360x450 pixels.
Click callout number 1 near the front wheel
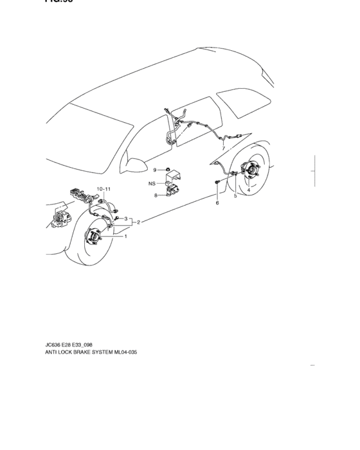[x=125, y=236]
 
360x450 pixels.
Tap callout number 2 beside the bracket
[x=139, y=222]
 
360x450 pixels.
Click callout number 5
[x=235, y=195]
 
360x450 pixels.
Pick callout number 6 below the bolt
[x=217, y=203]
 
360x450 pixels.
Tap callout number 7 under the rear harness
[x=223, y=148]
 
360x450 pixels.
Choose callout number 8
[x=155, y=195]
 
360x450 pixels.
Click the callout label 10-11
[x=104, y=189]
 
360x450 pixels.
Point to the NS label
[x=152, y=183]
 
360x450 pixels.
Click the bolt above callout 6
[x=218, y=184]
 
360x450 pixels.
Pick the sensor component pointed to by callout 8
[x=172, y=191]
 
